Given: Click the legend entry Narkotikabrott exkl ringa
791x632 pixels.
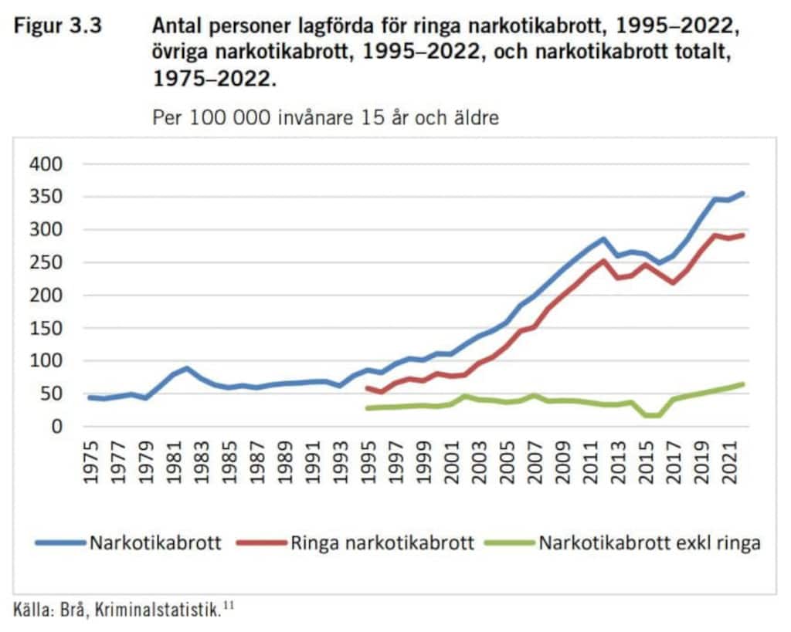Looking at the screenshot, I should pyautogui.click(x=650, y=542).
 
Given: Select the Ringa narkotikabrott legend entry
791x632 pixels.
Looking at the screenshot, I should pyautogui.click(x=382, y=542).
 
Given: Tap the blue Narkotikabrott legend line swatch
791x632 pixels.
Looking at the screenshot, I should pyautogui.click(x=59, y=542).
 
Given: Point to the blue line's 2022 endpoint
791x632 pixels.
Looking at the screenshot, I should pyautogui.click(x=742, y=193).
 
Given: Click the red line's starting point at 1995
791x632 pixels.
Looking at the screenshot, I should pyautogui.click(x=368, y=387).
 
